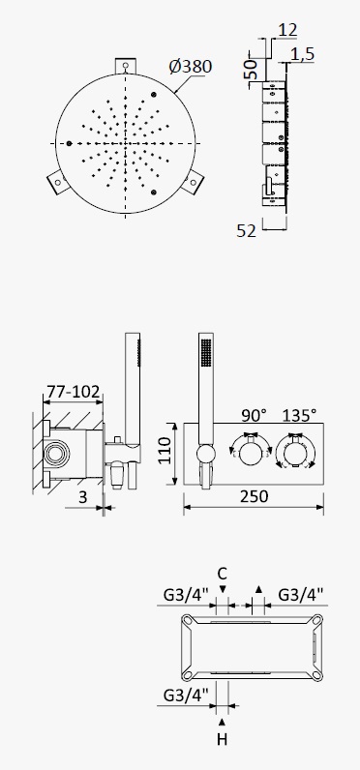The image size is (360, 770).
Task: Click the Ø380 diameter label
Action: pyautogui.click(x=191, y=67)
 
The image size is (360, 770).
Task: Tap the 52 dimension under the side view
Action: pyautogui.click(x=246, y=231)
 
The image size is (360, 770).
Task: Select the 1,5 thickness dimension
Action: pyautogui.click(x=302, y=54)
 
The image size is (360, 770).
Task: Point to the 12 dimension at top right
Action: pyautogui.click(x=287, y=30)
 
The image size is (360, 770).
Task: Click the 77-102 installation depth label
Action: pyautogui.click(x=74, y=392)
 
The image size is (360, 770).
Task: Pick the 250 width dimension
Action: pyautogui.click(x=255, y=496)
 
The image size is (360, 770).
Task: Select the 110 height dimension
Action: pyautogui.click(x=165, y=451)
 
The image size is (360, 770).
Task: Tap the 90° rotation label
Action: pyautogui.click(x=254, y=415)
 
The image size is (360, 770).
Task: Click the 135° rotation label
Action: pyautogui.click(x=299, y=415)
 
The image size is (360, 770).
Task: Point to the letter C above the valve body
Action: pyautogui.click(x=222, y=573)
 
